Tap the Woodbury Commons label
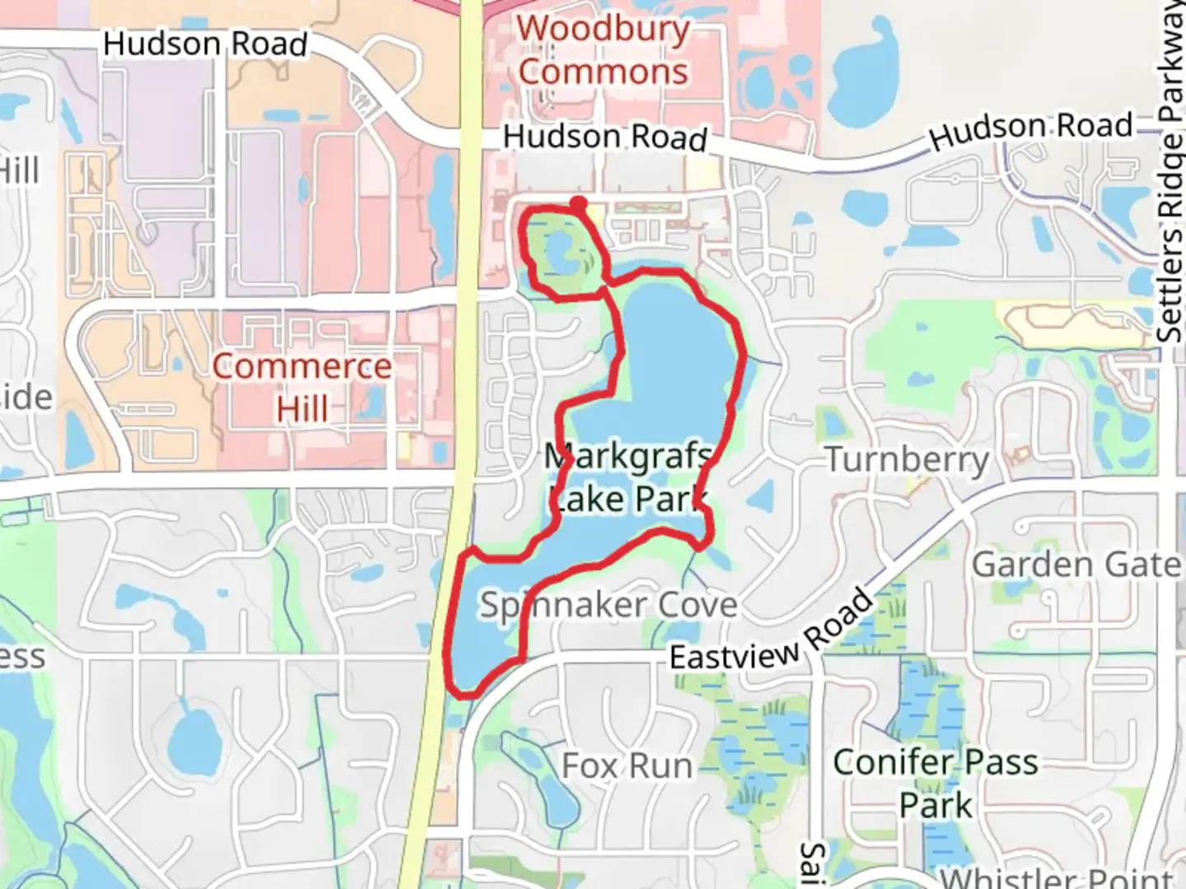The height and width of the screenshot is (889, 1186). pos(603,50)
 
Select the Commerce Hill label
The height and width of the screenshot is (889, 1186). pos(301,387)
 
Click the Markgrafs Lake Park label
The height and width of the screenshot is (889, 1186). pos(628,477)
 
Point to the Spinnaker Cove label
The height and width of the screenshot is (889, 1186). pos(609,605)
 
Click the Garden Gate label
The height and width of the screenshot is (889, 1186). pos(1076,565)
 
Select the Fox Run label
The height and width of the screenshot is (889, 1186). pos(627,766)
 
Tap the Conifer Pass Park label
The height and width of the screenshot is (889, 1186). pos(936,783)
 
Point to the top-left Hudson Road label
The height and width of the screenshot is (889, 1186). pos(205,44)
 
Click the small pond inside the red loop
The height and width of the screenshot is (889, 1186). pos(560,251)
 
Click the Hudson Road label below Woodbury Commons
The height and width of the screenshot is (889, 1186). pos(605,137)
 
